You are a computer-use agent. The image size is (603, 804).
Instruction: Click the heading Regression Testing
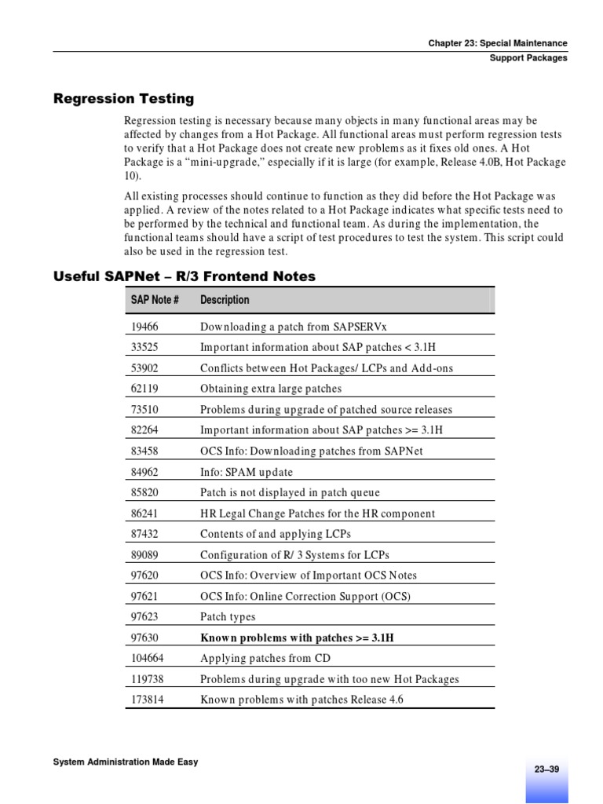tap(123, 99)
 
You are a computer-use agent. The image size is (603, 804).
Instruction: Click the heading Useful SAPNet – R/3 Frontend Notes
tap(184, 276)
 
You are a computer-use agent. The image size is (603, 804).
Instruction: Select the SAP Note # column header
tap(155, 300)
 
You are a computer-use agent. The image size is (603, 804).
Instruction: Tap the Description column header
tap(225, 300)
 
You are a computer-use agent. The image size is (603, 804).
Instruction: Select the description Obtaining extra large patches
tap(271, 389)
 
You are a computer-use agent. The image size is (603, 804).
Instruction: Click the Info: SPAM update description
tap(247, 473)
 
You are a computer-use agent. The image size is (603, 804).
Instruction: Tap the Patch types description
tap(228, 617)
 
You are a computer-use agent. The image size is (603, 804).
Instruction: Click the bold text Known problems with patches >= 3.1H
tap(297, 638)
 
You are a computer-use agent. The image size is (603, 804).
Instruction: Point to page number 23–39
tap(546, 769)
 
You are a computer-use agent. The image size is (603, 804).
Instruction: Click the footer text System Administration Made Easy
tap(125, 762)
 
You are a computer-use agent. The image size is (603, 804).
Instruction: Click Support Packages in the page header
tap(528, 58)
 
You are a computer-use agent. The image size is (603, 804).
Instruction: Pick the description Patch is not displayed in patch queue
tap(290, 493)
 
